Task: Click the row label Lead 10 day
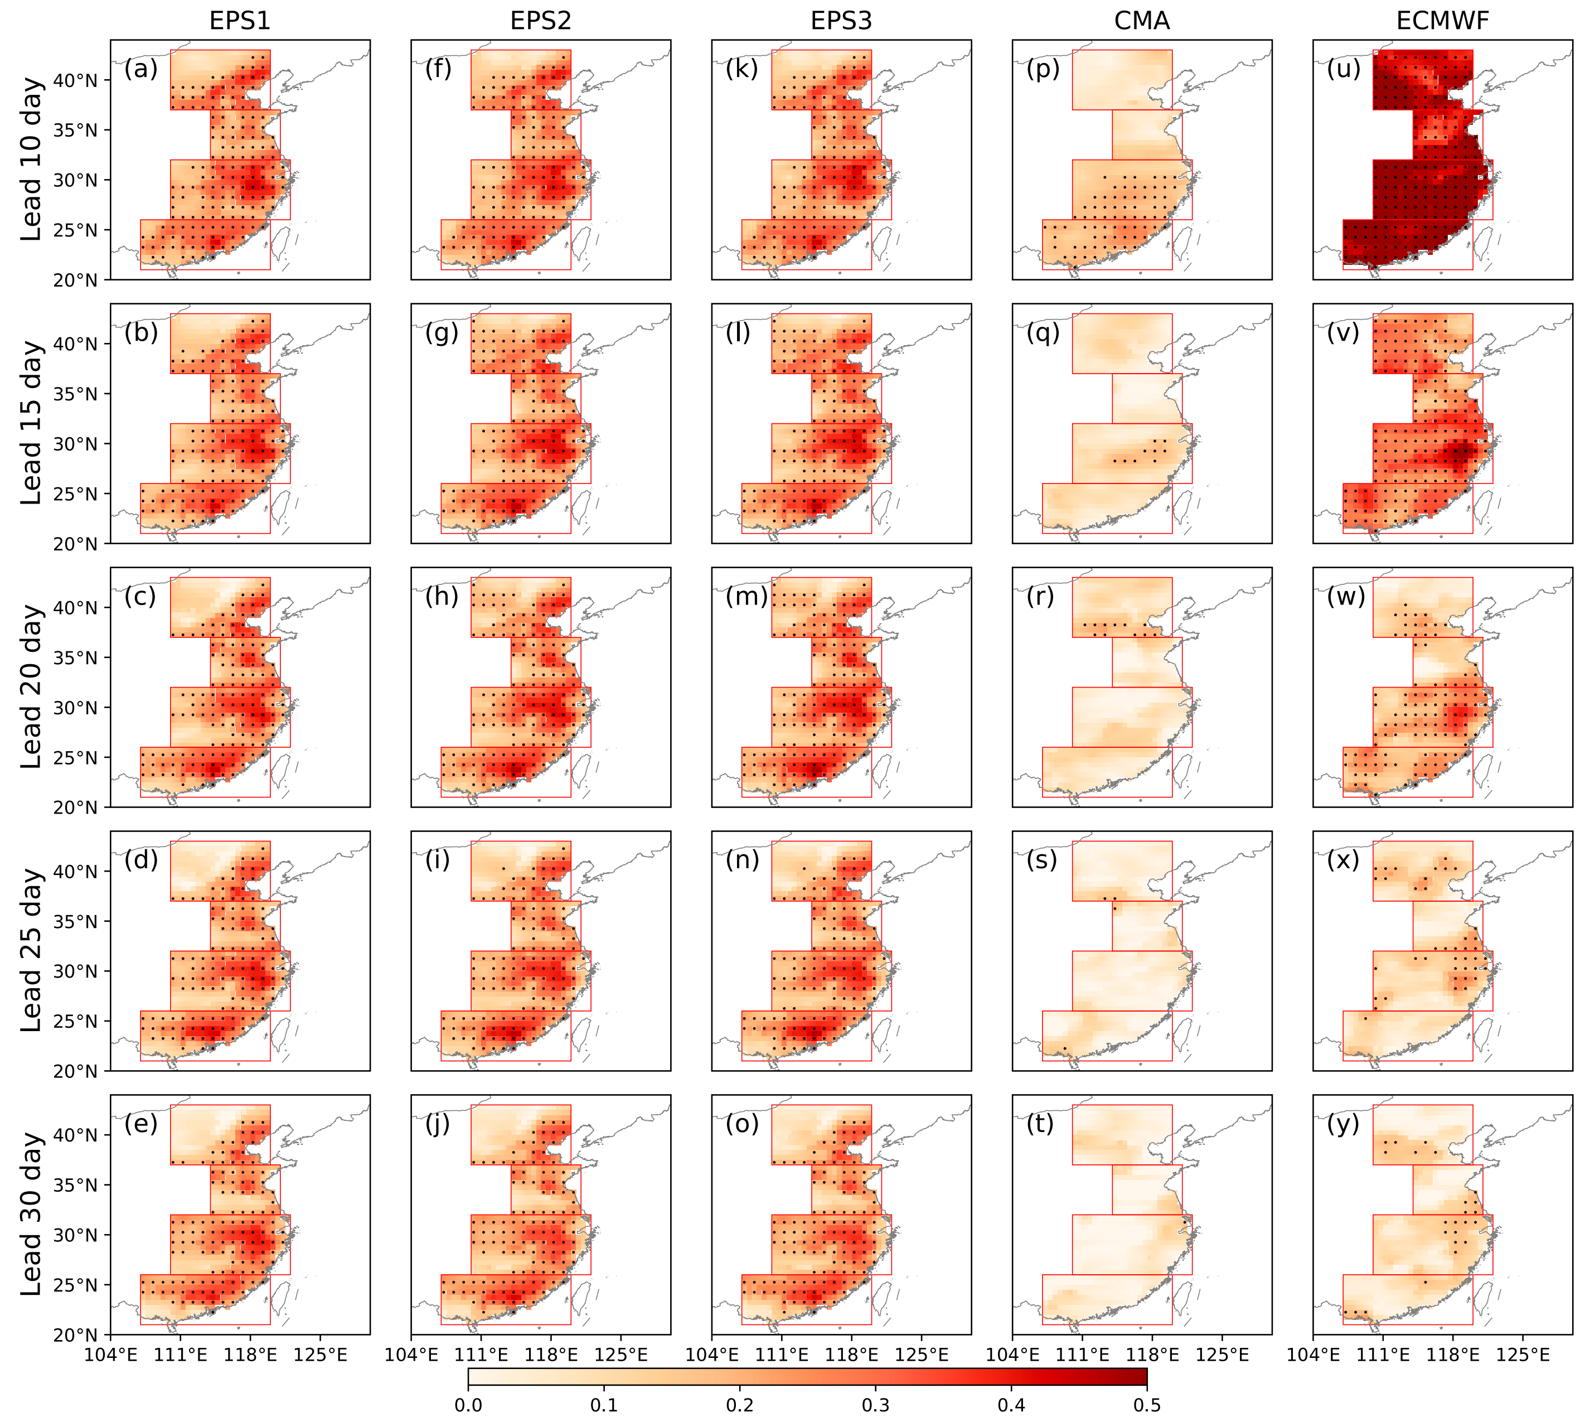[x=31, y=159]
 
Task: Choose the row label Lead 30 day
[x=31, y=1215]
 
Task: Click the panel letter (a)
[x=141, y=69]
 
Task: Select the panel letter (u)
[x=1344, y=69]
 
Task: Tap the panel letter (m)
[x=747, y=597]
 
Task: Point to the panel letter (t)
[x=1040, y=1124]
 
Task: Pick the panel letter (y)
[x=1343, y=1124]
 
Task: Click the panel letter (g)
[x=442, y=333]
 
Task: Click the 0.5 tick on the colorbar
[x=1147, y=1405]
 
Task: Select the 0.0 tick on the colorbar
[x=468, y=1405]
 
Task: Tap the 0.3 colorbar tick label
[x=875, y=1405]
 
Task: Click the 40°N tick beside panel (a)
[x=75, y=80]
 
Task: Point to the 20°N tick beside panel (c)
[x=75, y=807]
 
